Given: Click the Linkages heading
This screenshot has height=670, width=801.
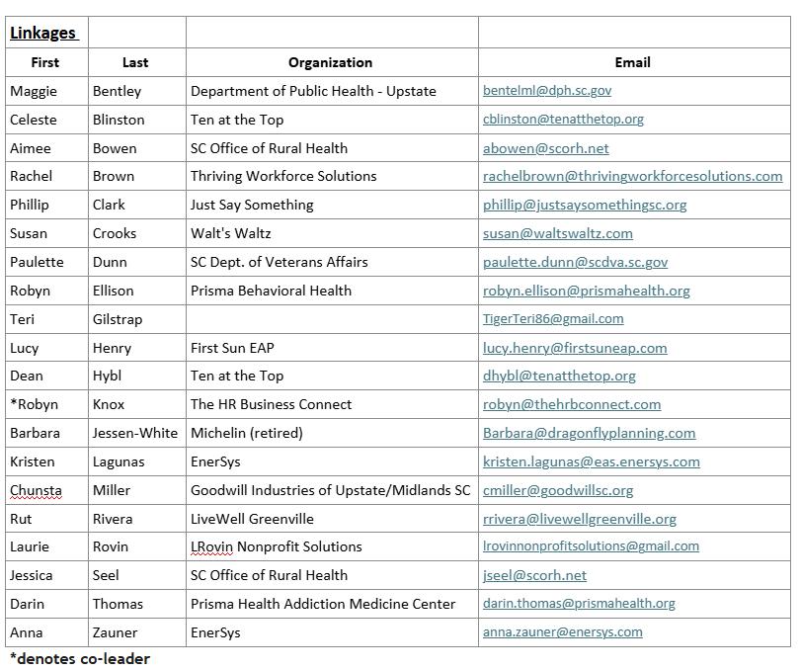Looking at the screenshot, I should click(x=42, y=33).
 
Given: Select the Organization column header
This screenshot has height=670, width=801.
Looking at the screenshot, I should click(x=330, y=62).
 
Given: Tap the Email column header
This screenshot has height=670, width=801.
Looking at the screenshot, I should click(x=632, y=62).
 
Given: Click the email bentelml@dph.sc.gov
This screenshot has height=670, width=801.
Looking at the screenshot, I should click(x=547, y=91).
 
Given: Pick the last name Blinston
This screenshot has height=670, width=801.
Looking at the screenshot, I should click(x=119, y=120).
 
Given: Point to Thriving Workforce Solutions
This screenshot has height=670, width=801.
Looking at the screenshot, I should click(x=283, y=176).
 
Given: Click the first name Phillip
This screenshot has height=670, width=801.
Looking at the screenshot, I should click(x=30, y=205).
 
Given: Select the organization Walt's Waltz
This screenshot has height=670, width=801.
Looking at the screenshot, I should click(x=232, y=233).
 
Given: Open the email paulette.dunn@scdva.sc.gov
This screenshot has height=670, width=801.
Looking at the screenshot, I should click(x=575, y=262).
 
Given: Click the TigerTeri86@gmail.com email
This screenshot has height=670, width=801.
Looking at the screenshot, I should click(x=553, y=319).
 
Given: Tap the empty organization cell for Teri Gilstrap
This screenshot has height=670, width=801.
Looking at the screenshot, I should click(x=331, y=319).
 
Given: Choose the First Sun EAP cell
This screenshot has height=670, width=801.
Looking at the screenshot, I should click(x=232, y=348).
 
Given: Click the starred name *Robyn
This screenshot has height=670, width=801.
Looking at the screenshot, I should click(x=34, y=404).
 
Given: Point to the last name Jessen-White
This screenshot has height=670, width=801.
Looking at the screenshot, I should click(x=135, y=433).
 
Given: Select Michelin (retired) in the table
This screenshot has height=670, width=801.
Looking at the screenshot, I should click(x=247, y=433).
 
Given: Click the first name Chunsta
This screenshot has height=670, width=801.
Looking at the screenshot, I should click(x=36, y=490).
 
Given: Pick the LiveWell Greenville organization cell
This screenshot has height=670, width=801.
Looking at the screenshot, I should click(x=252, y=518).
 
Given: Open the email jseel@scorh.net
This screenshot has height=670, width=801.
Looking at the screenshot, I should click(x=534, y=575).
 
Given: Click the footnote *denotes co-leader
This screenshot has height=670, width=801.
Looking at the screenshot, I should click(x=79, y=658).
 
